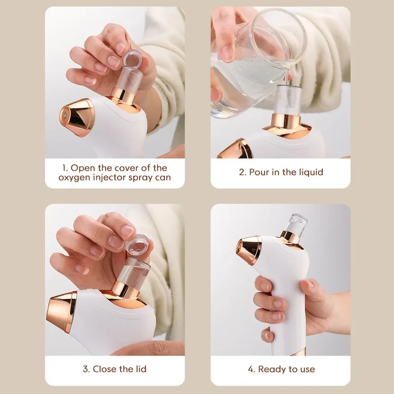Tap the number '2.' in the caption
click(x=243, y=172)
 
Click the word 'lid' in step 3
click(x=139, y=368)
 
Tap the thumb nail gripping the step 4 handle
click(x=310, y=284)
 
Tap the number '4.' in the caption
click(x=251, y=369)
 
